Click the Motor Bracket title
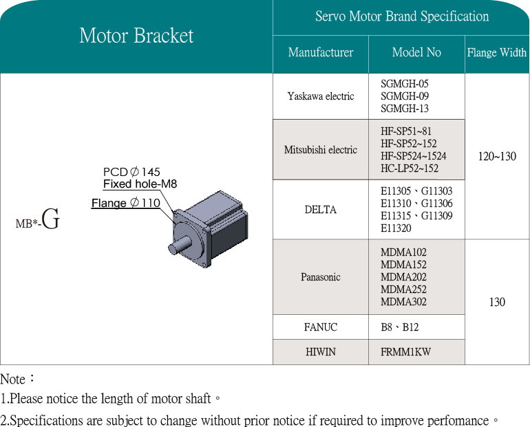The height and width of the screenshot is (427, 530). pos(136,36)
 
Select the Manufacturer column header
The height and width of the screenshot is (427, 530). pos(321,52)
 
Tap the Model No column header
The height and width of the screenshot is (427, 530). pos(416,52)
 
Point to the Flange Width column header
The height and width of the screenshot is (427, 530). pos(497,53)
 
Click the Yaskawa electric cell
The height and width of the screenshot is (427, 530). pos(321,96)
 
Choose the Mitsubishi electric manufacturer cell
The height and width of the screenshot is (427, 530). pos(321,150)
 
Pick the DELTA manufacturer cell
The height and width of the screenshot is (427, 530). pos(321,210)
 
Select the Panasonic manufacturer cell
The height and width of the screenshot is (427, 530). pos(321,277)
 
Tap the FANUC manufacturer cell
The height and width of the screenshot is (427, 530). pos(321,327)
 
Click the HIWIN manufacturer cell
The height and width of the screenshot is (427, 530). pos(321,352)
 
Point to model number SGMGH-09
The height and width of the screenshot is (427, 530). pos(405,96)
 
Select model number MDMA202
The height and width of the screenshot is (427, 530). pos(403,277)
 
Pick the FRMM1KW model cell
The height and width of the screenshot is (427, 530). pos(406,352)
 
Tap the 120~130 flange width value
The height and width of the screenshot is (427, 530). pos(497,157)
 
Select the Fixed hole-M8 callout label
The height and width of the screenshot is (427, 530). pos(140,184)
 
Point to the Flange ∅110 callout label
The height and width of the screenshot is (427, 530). pos(126,204)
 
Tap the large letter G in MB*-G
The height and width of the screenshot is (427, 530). pos(51,221)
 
